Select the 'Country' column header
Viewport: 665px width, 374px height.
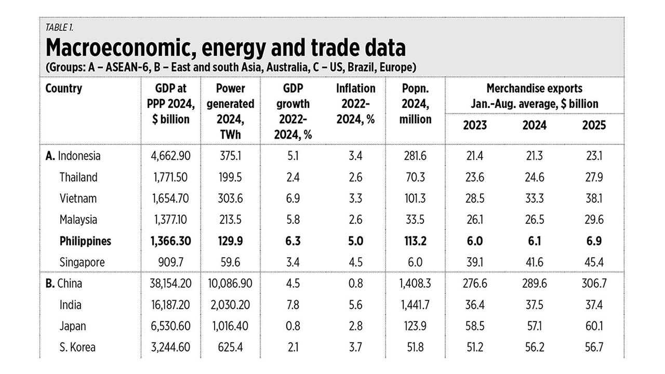[x=64, y=88]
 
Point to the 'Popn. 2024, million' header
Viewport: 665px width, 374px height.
[x=415, y=103]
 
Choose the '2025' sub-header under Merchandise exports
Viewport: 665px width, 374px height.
[x=594, y=126]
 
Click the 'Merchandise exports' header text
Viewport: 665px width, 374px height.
[x=534, y=88]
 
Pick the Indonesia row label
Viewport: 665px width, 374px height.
[x=79, y=156]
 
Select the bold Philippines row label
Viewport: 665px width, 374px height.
[x=85, y=241]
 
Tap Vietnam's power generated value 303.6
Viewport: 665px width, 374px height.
[x=230, y=198]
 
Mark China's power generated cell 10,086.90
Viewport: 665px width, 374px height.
[x=230, y=284]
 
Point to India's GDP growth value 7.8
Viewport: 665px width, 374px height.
[x=294, y=305]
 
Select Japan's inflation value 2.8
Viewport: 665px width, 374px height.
[x=355, y=326]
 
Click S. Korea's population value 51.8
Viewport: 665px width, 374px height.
[x=415, y=348]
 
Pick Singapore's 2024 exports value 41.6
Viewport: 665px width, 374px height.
[x=534, y=262]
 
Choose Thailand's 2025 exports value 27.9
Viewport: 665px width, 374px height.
[x=594, y=177]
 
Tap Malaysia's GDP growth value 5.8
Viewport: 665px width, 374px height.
[x=294, y=220]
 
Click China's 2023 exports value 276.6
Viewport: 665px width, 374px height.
[x=474, y=284]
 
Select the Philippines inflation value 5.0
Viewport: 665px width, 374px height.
[x=355, y=241]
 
